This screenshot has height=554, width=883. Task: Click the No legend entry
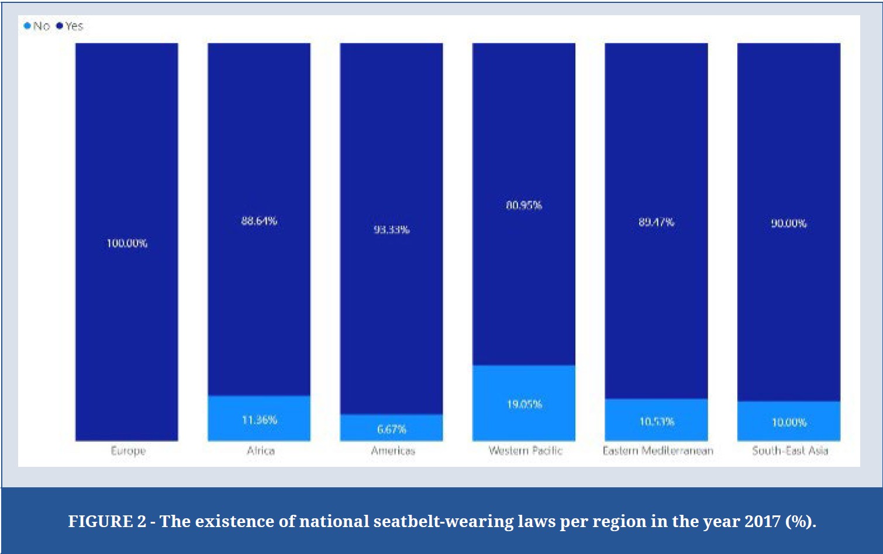click(x=37, y=26)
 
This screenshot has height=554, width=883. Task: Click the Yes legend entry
click(x=70, y=26)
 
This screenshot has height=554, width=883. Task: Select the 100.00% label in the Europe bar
click(x=127, y=243)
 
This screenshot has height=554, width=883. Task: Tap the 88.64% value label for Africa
click(x=259, y=221)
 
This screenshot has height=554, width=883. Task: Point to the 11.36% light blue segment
click(x=259, y=418)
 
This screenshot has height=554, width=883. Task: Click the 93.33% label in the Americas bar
click(x=391, y=229)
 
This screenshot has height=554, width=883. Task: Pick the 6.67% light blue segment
click(x=391, y=428)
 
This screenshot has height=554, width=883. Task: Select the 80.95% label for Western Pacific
click(x=524, y=205)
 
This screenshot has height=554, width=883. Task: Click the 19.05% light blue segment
click(x=524, y=403)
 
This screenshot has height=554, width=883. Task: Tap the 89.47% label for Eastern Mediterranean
click(x=656, y=222)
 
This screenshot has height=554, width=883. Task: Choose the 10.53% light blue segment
click(x=656, y=420)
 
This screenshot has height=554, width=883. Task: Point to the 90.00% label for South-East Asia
click(x=788, y=223)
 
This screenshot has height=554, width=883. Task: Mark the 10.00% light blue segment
click(x=788, y=421)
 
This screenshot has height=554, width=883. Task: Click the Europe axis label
click(x=128, y=450)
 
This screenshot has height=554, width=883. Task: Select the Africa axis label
click(x=260, y=450)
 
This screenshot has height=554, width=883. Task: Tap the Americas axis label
click(x=392, y=450)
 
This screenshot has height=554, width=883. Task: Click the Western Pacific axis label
click(x=525, y=450)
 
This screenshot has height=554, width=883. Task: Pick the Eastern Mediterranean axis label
click(x=658, y=450)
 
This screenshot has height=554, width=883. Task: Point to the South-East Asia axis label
click(x=790, y=450)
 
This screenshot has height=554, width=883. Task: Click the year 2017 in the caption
click(x=762, y=521)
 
